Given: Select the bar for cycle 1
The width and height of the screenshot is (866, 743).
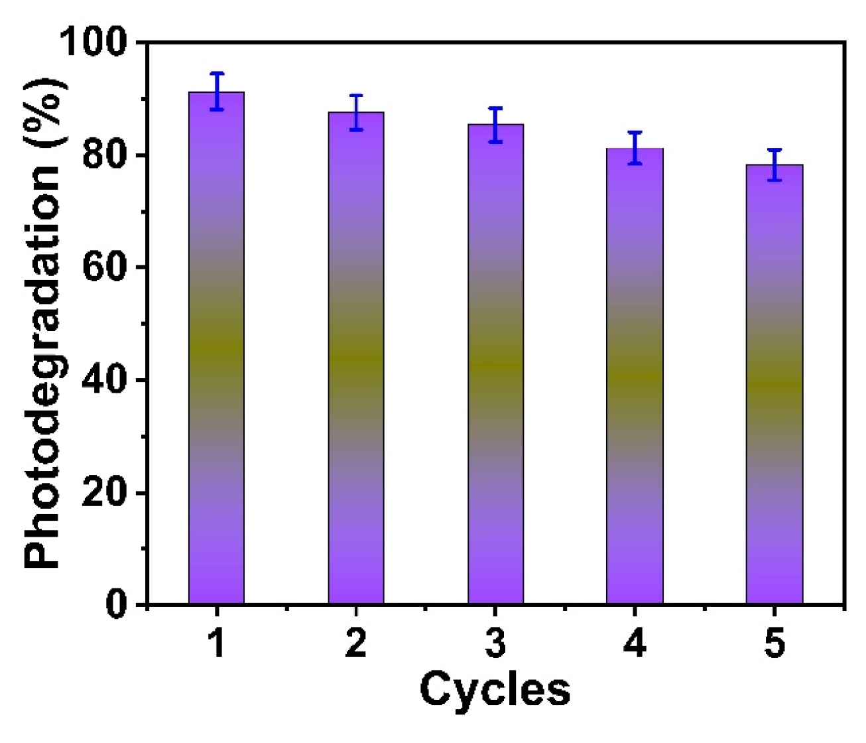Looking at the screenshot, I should tap(216, 348).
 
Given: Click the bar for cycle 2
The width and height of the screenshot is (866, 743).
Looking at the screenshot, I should tap(356, 358).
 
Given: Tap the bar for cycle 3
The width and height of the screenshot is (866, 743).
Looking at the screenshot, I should tap(495, 364).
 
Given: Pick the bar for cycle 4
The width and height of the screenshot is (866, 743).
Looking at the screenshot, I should tap(635, 375).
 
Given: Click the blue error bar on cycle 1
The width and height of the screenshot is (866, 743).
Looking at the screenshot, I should tap(216, 92).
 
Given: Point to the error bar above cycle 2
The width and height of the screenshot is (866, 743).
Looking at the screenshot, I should tap(356, 112).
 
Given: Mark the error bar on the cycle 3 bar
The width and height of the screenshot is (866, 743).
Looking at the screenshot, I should tap(495, 124).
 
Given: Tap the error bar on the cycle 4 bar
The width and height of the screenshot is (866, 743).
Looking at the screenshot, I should tap(635, 148).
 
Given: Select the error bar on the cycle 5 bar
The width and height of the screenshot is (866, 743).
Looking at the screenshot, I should tap(774, 165).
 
